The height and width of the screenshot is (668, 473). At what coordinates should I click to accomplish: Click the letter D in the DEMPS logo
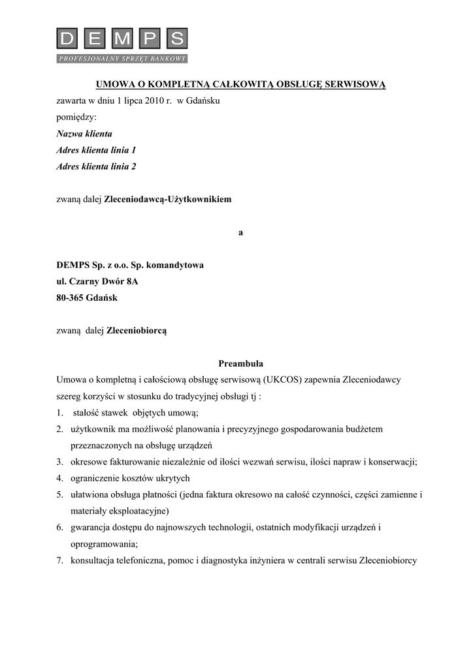coord(67,40)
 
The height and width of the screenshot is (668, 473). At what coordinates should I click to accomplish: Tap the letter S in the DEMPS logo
coord(176,40)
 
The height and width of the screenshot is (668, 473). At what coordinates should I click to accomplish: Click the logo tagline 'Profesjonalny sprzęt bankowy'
coord(122,59)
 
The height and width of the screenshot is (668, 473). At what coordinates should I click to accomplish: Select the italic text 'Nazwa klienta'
coord(84,134)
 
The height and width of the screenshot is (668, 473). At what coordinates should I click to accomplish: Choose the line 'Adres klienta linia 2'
coord(96,166)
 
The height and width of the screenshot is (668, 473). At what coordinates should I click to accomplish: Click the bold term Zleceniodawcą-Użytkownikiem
coord(168,199)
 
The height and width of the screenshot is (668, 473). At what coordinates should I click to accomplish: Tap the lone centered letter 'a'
coord(240,232)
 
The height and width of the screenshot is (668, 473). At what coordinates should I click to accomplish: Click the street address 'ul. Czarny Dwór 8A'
coord(97,282)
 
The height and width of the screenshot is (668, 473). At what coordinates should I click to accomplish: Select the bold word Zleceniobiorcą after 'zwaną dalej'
coord(137,331)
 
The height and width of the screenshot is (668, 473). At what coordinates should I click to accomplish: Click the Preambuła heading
coord(240,363)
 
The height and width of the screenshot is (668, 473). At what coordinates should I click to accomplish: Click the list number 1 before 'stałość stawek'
coord(59,413)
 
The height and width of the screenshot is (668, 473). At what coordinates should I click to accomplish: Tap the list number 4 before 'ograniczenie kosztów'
coord(59,478)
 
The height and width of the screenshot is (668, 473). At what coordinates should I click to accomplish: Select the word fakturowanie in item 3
coord(133,462)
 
